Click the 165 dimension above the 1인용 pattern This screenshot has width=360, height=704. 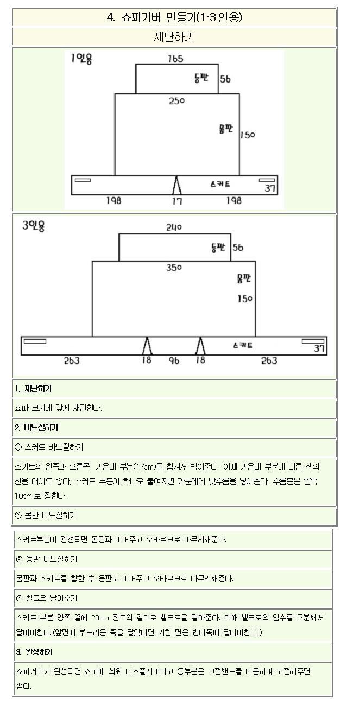click(x=175, y=59)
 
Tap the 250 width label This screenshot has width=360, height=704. click(x=177, y=100)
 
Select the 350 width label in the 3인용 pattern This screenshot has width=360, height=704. click(x=174, y=268)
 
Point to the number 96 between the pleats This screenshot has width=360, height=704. click(x=174, y=360)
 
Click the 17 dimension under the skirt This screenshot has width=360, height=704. click(x=177, y=201)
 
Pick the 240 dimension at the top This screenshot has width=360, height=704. click(x=174, y=227)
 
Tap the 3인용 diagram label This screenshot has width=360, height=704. click(x=34, y=226)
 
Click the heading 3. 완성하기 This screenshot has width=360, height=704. click(x=34, y=651)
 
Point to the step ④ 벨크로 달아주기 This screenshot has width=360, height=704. click(x=47, y=598)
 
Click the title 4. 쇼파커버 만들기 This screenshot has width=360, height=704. click(x=174, y=17)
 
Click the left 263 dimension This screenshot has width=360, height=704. click(x=71, y=360)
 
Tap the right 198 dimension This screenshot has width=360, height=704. click(x=234, y=201)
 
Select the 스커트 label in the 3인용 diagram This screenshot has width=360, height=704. click(x=242, y=345)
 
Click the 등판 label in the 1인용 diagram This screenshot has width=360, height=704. click(x=201, y=78)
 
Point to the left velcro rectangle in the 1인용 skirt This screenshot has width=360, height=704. click(x=83, y=180)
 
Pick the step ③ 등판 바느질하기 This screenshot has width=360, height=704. click(x=48, y=559)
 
